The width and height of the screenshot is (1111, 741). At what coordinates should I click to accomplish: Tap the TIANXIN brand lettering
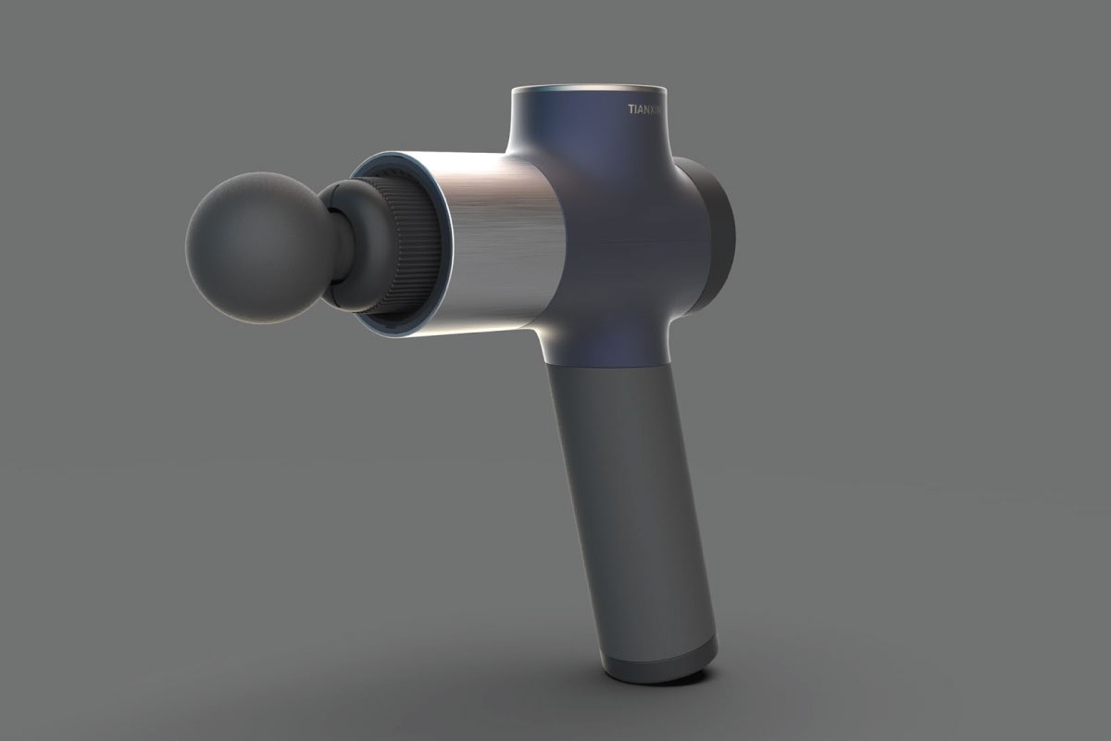tap(646, 109)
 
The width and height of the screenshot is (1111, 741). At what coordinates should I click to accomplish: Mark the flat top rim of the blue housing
tap(589, 90)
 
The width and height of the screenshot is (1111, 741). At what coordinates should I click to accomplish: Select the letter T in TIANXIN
tap(630, 109)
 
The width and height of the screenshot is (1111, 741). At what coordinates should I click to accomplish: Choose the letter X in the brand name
tap(654, 109)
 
